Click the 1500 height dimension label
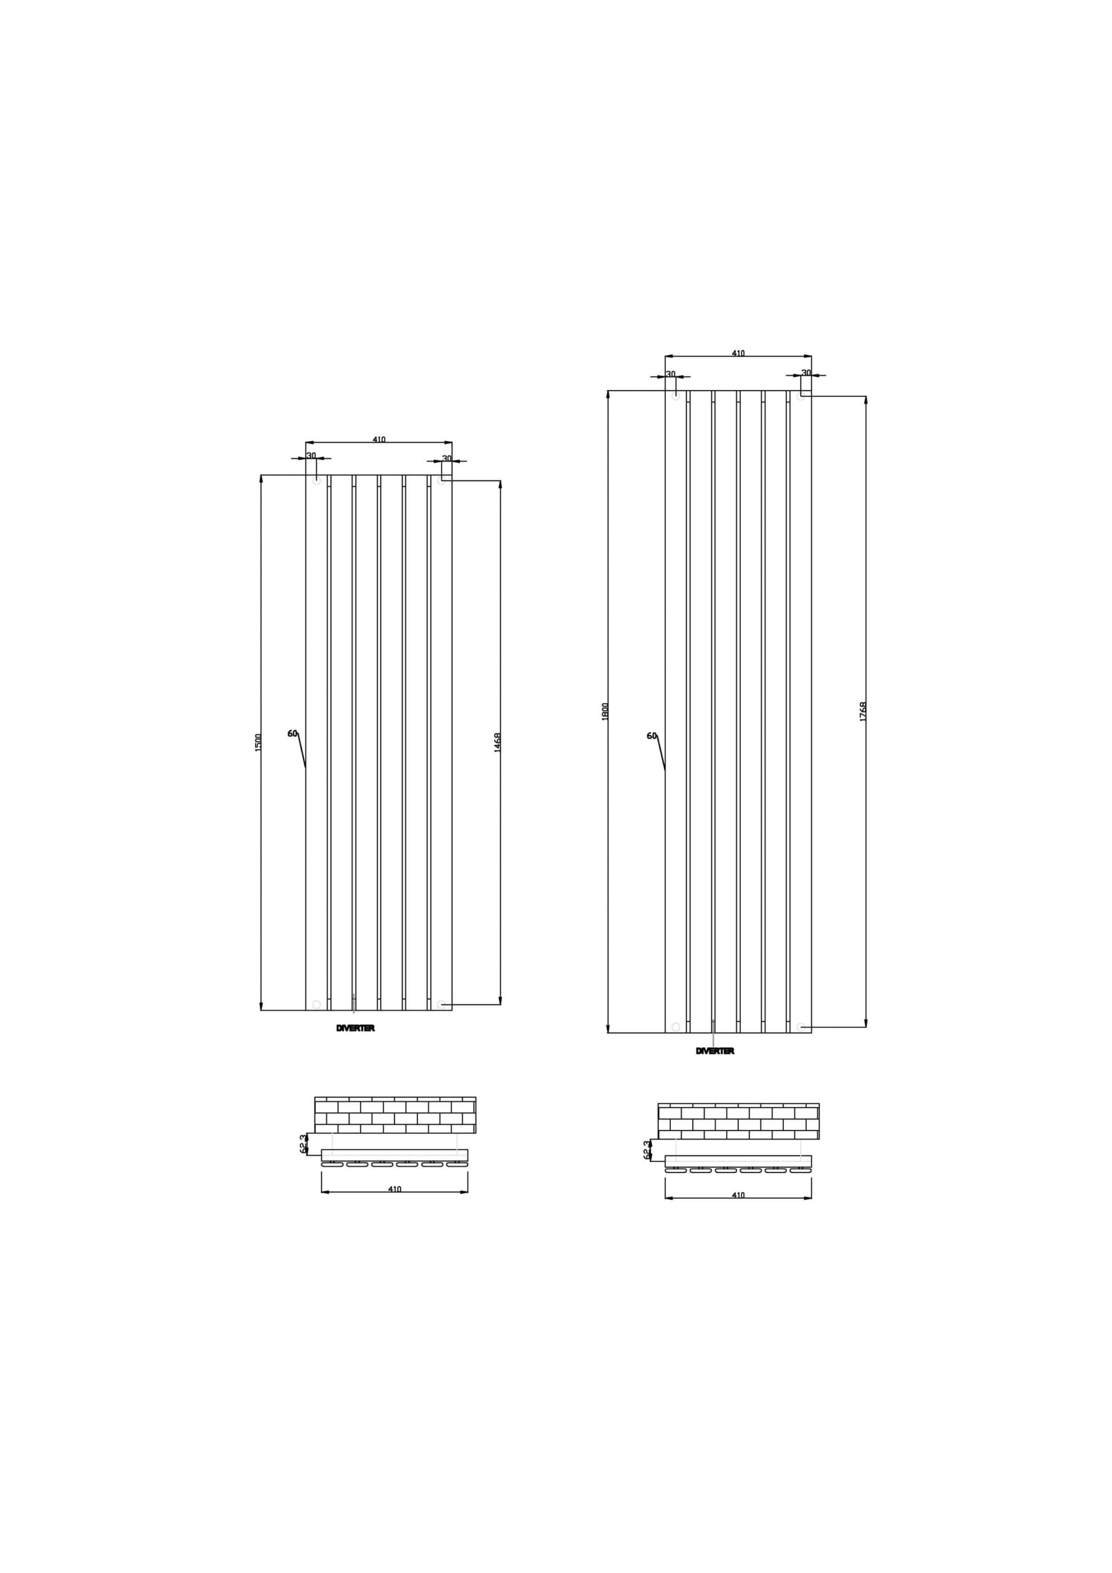point(258,742)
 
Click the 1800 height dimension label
point(605,711)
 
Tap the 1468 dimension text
point(498,743)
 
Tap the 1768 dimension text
point(863,711)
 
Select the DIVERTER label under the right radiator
point(715,1070)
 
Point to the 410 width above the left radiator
point(379,439)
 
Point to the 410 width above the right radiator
point(738,353)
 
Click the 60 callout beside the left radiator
point(292,733)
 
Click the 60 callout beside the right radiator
point(652,736)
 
